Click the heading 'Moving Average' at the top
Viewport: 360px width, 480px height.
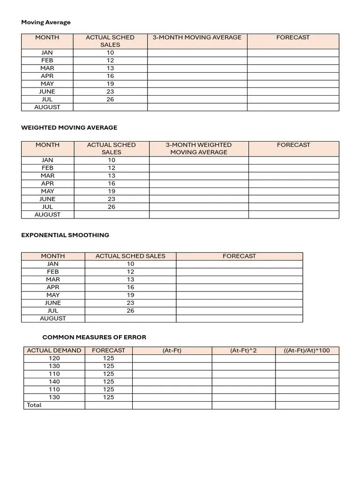(x=46, y=22)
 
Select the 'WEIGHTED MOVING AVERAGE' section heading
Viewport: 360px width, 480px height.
(x=69, y=127)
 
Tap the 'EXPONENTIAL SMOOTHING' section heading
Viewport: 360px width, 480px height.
(x=65, y=235)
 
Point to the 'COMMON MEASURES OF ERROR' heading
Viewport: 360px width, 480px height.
(x=94, y=337)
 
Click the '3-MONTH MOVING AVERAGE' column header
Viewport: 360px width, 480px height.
(x=197, y=37)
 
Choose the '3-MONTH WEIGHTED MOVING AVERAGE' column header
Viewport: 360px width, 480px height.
(x=199, y=149)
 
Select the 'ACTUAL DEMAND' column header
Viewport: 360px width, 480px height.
(x=54, y=351)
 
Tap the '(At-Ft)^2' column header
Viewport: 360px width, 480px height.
(x=243, y=351)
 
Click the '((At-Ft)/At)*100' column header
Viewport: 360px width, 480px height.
(x=307, y=351)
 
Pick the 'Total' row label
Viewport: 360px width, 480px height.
(x=34, y=405)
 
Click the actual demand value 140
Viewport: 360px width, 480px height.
(x=54, y=382)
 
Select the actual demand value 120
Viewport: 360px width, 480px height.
(x=54, y=358)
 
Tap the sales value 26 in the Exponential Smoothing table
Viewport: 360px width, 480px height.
(x=130, y=311)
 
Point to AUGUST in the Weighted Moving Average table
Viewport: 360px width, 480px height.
(x=47, y=215)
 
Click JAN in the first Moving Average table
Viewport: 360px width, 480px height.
(x=47, y=53)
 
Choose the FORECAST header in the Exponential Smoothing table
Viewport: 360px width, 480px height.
(x=239, y=256)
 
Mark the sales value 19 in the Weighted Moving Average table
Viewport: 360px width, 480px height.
(x=111, y=191)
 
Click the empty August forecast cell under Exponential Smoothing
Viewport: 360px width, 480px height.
(x=239, y=318)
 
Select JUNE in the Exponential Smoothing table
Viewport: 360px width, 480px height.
(x=53, y=303)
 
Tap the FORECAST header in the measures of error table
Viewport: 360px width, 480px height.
(x=108, y=351)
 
